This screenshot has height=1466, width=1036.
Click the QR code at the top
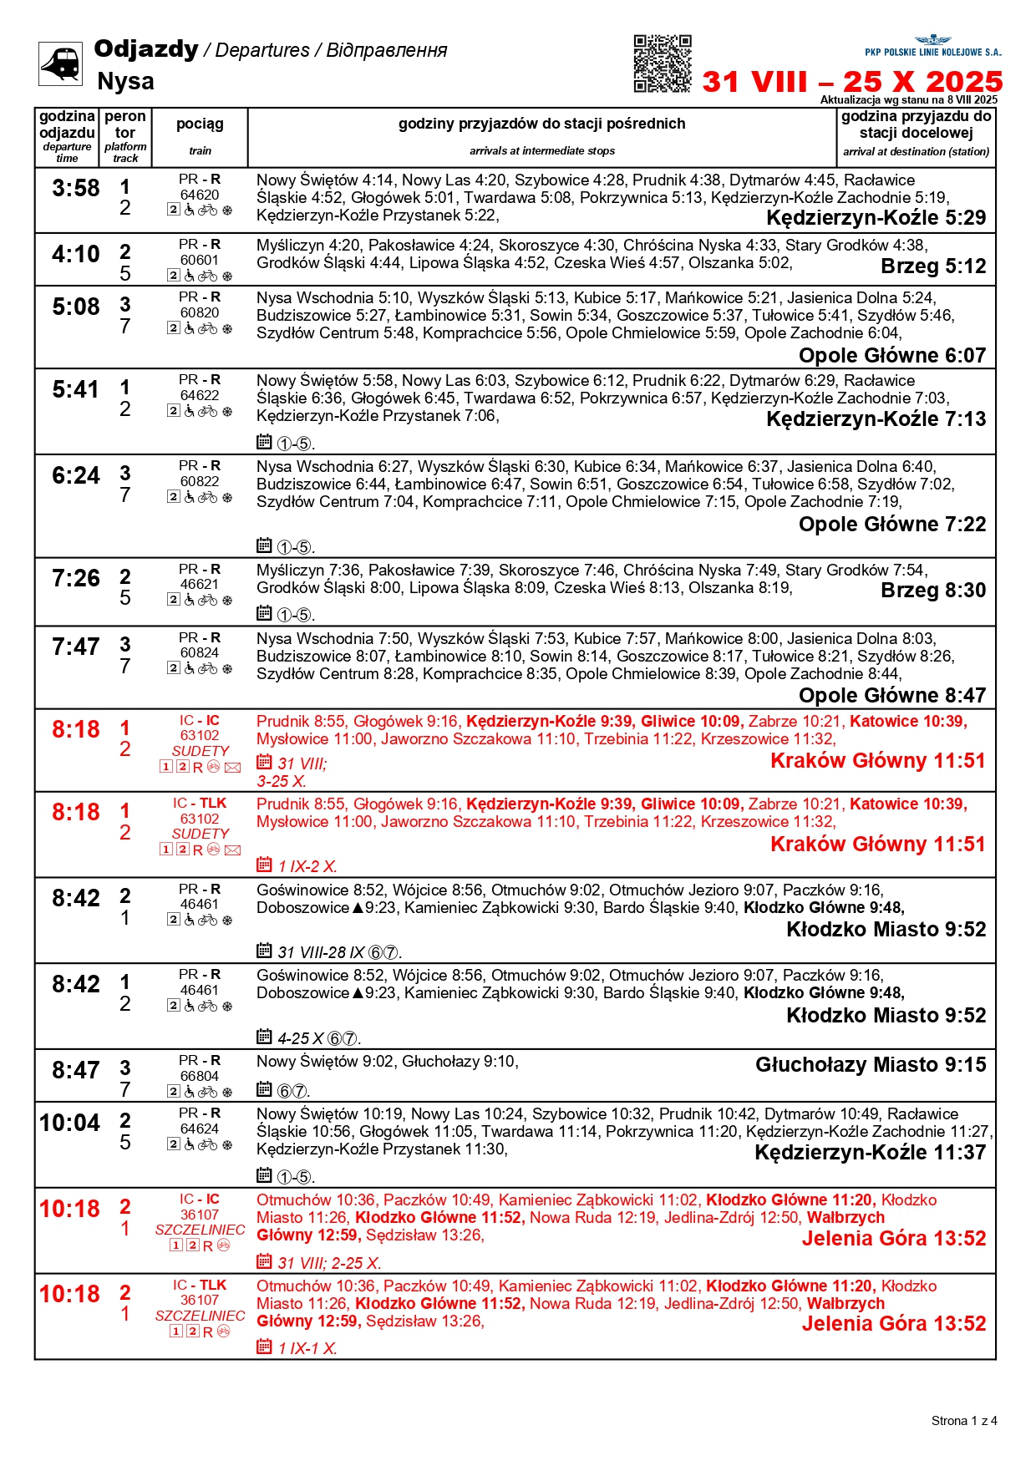(662, 63)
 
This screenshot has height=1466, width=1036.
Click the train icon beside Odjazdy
(60, 63)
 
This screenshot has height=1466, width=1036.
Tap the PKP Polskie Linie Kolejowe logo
(932, 47)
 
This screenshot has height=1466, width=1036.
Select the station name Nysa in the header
(125, 81)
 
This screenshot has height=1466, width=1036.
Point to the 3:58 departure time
(75, 189)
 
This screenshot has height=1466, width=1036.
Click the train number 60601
(200, 260)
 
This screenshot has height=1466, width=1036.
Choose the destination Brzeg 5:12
(933, 266)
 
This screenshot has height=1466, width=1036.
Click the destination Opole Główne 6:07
(892, 356)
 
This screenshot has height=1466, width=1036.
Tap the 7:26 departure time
(75, 579)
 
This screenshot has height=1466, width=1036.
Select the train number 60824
(200, 652)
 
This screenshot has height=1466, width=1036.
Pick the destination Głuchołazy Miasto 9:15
(871, 1065)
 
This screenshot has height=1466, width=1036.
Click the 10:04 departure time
(69, 1124)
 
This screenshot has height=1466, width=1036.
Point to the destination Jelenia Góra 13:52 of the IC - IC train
(894, 1238)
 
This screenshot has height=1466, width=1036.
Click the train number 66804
(200, 1076)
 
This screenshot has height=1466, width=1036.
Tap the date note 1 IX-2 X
(307, 866)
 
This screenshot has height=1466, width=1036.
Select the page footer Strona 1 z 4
(964, 1420)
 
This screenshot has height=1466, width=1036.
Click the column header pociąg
(200, 124)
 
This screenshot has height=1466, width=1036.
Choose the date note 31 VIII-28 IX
(322, 952)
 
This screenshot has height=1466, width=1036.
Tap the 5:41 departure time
(75, 390)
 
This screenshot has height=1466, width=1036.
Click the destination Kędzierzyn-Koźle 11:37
(870, 1153)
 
